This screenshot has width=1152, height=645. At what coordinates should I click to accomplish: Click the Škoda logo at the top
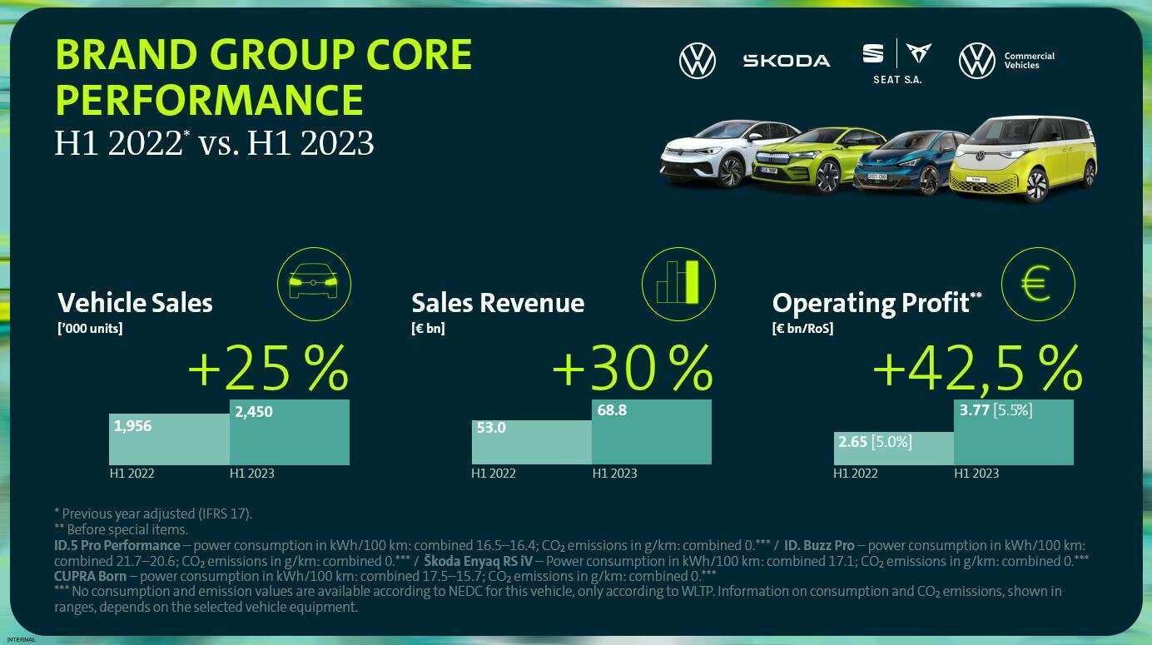[786, 61]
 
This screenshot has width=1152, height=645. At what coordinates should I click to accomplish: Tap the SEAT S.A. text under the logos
[897, 80]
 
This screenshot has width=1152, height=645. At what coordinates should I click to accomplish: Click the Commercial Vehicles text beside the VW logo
[1029, 61]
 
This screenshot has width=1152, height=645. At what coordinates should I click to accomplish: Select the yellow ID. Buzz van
[1024, 160]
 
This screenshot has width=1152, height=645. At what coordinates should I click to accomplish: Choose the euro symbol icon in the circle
[1037, 284]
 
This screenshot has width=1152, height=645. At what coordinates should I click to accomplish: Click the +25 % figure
[268, 370]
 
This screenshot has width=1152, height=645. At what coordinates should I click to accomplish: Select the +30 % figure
[633, 368]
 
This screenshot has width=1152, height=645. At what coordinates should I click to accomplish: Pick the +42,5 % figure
[977, 368]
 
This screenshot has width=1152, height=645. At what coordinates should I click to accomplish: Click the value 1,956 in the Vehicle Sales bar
[132, 426]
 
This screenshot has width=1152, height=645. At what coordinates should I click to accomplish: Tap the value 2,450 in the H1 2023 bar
[253, 411]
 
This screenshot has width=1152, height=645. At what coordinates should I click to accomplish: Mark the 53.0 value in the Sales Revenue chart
[491, 429]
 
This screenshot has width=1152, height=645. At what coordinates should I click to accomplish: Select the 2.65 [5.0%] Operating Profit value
[875, 441]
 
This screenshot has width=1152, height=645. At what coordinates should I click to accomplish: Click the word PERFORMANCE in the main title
[209, 99]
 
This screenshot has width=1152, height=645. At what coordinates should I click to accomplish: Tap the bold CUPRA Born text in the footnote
[90, 576]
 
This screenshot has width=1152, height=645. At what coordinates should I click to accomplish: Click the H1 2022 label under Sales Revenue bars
[494, 474]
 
